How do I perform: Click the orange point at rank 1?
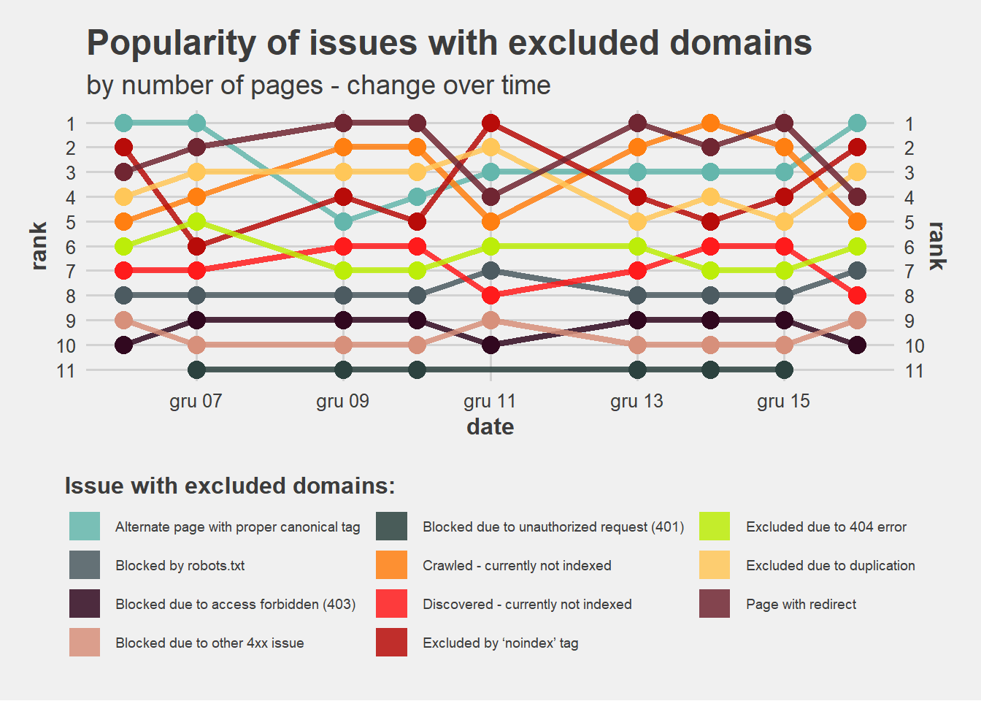(x=711, y=123)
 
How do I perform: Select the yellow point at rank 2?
(x=490, y=148)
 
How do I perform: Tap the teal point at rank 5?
(x=344, y=221)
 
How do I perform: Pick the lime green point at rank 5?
(x=196, y=221)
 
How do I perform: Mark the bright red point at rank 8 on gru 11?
(x=490, y=295)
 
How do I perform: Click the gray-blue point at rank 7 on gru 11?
(x=490, y=271)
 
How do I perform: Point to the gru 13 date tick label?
(x=636, y=401)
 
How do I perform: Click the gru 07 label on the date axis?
(x=196, y=401)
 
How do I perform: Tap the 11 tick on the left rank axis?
(x=66, y=371)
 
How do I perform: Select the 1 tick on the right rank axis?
(x=909, y=124)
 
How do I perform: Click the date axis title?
(x=490, y=426)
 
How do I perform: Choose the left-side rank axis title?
(x=39, y=246)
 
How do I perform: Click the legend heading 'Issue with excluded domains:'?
(x=230, y=486)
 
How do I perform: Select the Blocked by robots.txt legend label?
(x=180, y=566)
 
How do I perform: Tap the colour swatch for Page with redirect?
(x=715, y=604)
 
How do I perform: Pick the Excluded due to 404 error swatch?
(x=715, y=526)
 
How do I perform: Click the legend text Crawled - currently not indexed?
(x=517, y=566)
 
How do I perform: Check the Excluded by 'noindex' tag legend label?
(x=500, y=643)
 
